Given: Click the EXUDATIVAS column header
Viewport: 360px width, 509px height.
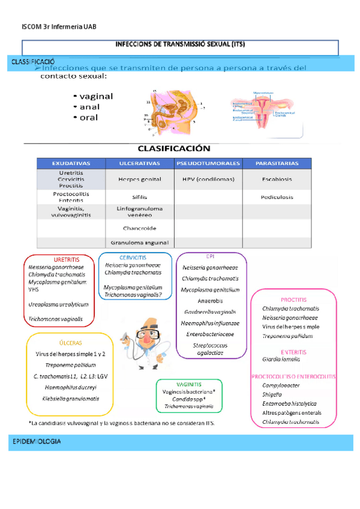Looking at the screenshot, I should click(71, 163).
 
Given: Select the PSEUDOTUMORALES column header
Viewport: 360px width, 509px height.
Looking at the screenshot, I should click(208, 163).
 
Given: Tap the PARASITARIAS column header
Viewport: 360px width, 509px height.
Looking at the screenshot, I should click(277, 163).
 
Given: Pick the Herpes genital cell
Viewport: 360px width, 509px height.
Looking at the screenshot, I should click(140, 179).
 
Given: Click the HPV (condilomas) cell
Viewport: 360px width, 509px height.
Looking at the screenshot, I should click(208, 179).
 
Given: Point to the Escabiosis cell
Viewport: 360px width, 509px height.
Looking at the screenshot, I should click(277, 179).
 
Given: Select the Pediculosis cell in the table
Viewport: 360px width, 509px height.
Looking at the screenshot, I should click(277, 197).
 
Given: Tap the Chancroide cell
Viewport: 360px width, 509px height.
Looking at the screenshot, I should click(140, 228).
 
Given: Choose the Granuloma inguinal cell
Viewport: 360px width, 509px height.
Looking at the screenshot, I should click(140, 242).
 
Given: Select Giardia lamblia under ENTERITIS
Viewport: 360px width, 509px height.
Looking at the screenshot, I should click(281, 359).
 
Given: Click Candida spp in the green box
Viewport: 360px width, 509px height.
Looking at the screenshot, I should click(188, 399).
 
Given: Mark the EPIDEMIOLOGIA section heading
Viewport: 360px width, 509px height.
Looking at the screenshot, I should click(37, 442).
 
